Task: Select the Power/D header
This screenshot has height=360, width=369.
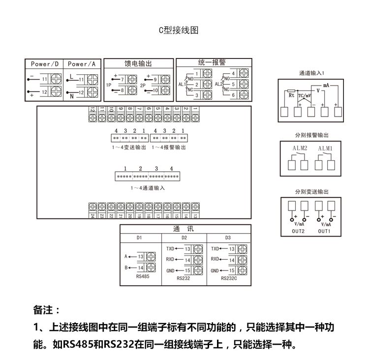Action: coord(44,64)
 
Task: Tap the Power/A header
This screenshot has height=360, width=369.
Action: coord(82,64)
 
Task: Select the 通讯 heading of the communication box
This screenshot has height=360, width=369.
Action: coord(185,229)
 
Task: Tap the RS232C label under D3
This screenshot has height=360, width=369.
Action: coord(229,278)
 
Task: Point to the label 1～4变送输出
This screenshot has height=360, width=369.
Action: coord(128,147)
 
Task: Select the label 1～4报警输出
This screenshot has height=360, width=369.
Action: coord(169,147)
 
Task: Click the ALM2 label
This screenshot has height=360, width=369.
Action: coord(300,148)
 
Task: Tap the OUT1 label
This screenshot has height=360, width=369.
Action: coord(324,231)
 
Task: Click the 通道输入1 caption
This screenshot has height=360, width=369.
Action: coord(311,73)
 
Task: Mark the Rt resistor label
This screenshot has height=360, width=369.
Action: coord(291,95)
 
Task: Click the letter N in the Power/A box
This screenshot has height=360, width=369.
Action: coord(71,94)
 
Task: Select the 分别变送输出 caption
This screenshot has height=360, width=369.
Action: coord(311,191)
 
